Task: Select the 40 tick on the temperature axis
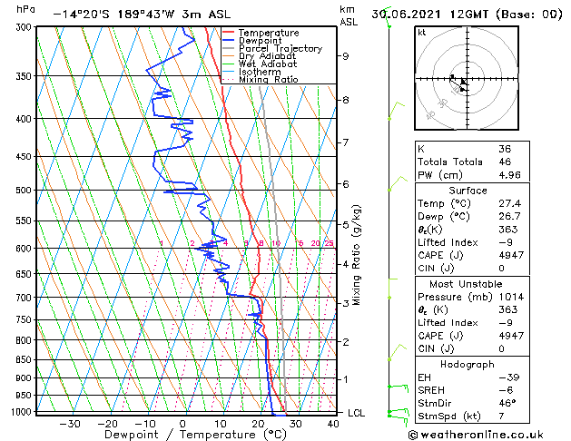coord(333,424)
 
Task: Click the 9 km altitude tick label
coord(346,56)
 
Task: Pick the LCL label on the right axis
coord(357,413)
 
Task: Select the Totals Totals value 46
coord(505,162)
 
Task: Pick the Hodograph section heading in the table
coord(468,364)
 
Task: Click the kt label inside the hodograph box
coord(422,33)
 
